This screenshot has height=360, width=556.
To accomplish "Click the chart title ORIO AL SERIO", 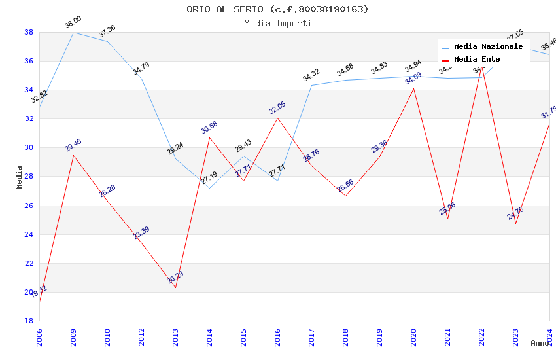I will point(277,9).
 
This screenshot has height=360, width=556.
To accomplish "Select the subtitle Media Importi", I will point(277,24).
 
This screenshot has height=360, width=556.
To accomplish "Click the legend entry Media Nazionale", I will point(488,47).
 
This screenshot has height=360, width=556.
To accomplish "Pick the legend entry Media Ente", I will point(477,60).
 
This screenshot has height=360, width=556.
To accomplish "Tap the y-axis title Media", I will point(20,177).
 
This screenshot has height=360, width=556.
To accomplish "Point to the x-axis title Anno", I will point(540,343).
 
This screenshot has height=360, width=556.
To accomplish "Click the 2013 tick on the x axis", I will point(175,334).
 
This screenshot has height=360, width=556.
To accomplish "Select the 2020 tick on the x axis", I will point(413,334).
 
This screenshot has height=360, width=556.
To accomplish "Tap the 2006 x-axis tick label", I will point(39,334).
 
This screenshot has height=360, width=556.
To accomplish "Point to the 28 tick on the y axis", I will point(29,177).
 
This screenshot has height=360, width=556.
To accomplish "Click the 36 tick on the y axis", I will point(29,61).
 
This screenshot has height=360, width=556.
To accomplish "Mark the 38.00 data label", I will point(73,23).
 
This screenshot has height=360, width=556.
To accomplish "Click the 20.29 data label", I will point(175,278).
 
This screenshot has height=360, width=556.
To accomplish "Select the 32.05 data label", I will point(277,108).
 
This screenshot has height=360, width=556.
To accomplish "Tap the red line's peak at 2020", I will point(413,88).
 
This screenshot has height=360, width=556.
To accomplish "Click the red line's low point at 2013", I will point(175,287).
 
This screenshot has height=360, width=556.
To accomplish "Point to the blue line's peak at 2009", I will point(73,32).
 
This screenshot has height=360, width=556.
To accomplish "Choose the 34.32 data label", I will point(311,76).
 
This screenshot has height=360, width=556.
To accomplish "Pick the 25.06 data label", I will point(447,209).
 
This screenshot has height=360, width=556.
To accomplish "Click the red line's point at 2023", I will point(515,223).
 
